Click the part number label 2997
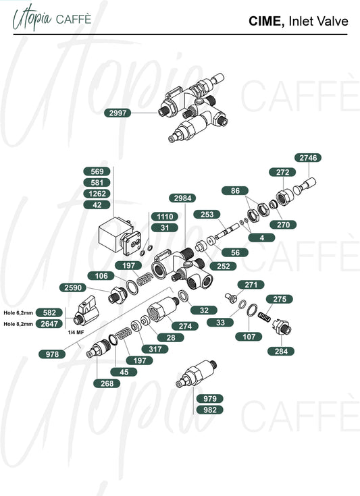(118, 113)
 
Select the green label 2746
(308, 157)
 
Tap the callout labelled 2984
(182, 198)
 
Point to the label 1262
(97, 194)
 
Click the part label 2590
(73, 287)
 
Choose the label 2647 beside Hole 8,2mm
(49, 324)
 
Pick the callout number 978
(52, 354)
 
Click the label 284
(281, 351)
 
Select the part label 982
(210, 410)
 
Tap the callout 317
(155, 349)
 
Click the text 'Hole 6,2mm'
(18, 313)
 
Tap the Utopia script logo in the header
(32, 19)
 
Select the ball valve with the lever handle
(86, 310)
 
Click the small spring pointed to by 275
(265, 316)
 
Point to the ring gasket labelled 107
(253, 310)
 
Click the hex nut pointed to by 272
(284, 197)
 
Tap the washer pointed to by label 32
(183, 296)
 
